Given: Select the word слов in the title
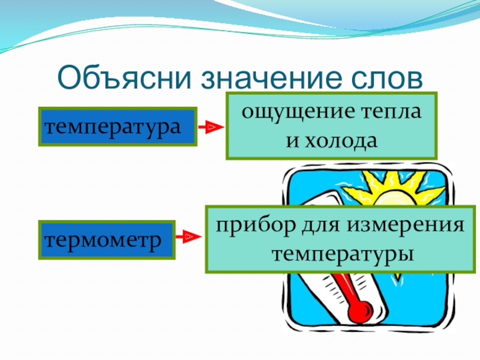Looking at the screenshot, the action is pos(388,78).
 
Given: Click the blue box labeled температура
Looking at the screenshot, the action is pos(118,127).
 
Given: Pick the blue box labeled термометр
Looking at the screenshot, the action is pos(107,239).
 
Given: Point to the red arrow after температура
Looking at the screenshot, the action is pos(211,127).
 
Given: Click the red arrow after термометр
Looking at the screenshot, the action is pos(190,238).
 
